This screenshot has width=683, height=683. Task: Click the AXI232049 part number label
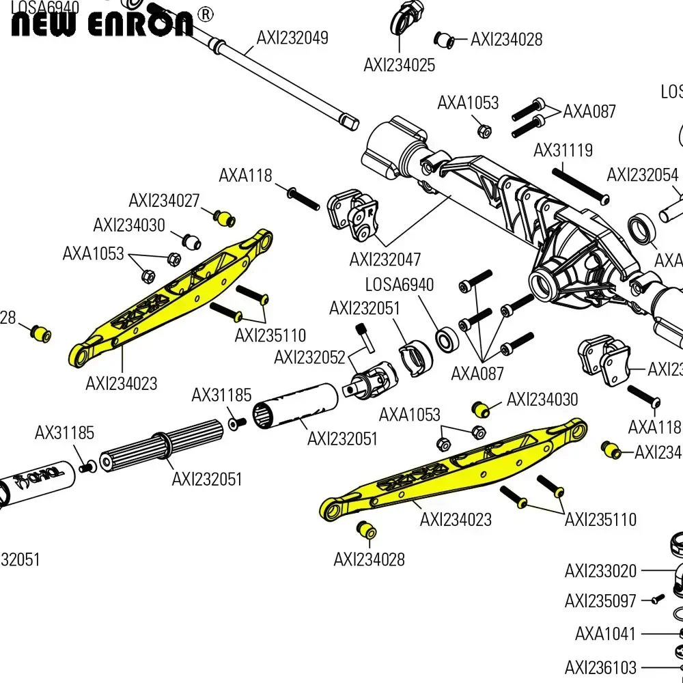tap(292, 38)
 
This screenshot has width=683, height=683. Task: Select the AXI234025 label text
tap(399, 65)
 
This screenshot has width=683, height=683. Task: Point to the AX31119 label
tap(563, 150)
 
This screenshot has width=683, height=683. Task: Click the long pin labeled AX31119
tap(580, 182)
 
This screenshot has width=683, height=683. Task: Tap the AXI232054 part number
tap(642, 175)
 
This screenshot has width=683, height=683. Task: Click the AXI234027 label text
tap(164, 201)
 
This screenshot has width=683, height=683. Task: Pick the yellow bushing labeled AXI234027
tap(224, 219)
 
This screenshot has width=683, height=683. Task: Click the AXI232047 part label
tap(385, 260)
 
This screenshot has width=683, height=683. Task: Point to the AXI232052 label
tap(309, 357)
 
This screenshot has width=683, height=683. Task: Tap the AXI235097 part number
tap(600, 601)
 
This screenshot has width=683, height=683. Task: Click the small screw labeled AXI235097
tap(656, 598)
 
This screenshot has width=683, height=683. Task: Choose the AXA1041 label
tap(605, 633)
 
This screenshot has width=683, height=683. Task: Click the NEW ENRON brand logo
tap(102, 22)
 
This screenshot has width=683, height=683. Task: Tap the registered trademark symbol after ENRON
tap(204, 14)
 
